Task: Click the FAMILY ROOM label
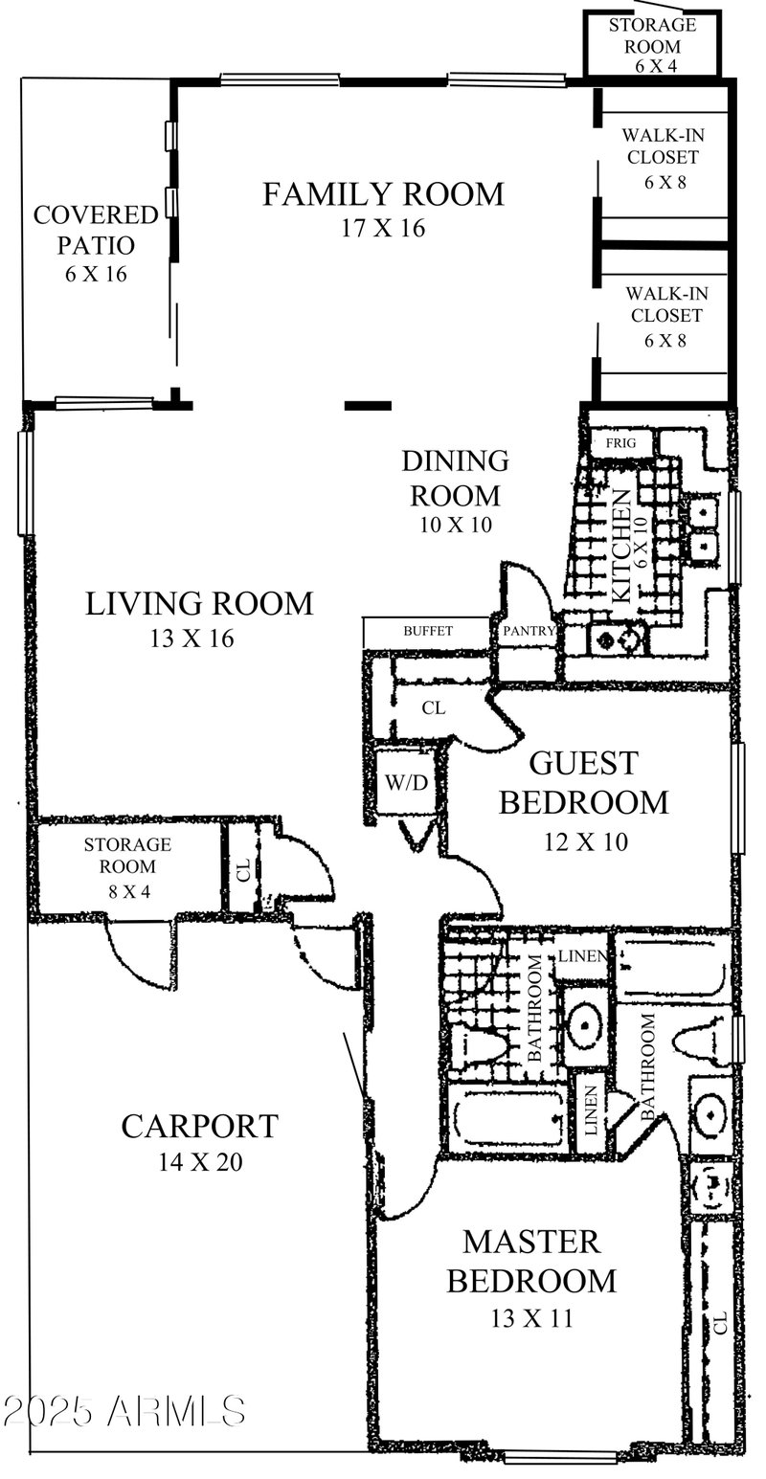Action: [x=383, y=194]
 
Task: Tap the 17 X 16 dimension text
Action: [x=382, y=229]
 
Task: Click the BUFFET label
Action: [x=427, y=632]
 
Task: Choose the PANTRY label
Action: [x=523, y=632]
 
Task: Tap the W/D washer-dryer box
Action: [x=406, y=783]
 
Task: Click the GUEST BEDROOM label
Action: [x=583, y=782]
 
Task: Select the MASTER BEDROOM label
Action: [x=531, y=1261]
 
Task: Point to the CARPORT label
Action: [x=199, y=1127]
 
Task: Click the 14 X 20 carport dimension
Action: [x=199, y=1163]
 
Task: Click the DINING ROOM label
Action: [x=455, y=478]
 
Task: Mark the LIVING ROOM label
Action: [x=199, y=604]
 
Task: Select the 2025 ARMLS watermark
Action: [x=124, y=1410]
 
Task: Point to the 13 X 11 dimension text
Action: [x=531, y=1318]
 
